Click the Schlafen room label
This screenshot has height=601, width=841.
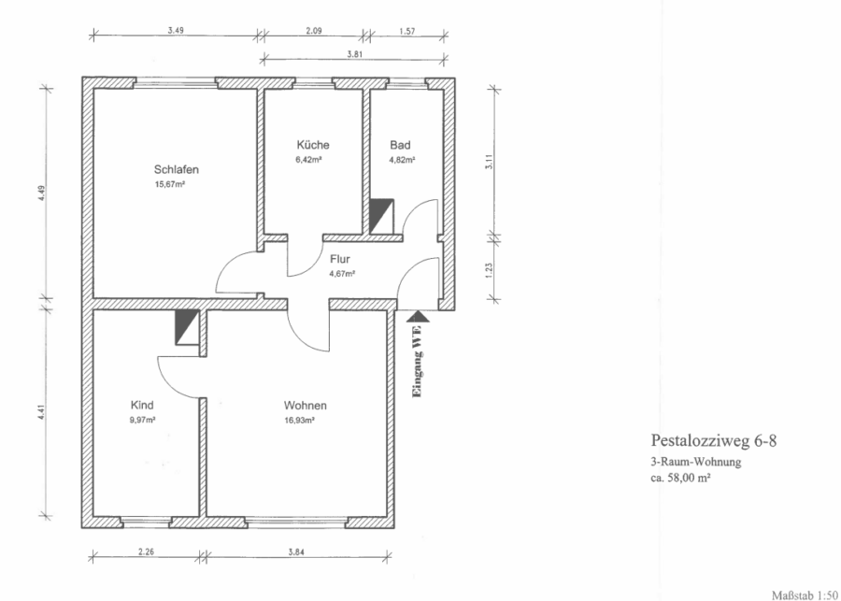[x=177, y=169]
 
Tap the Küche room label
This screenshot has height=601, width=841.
[x=313, y=145]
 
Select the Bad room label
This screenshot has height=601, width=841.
[x=400, y=145]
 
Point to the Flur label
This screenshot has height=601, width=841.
[x=340, y=259]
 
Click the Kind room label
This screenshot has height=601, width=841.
[x=142, y=405]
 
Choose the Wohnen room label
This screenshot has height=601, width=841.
[x=306, y=406]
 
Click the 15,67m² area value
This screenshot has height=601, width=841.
[x=170, y=184]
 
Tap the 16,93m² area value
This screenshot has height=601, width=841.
[x=299, y=421]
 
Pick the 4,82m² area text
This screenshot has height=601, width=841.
[x=402, y=160]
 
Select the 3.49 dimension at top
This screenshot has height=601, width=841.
[x=176, y=31]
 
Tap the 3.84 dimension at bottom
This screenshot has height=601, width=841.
[x=296, y=551]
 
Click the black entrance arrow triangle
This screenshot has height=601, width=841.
[x=418, y=317]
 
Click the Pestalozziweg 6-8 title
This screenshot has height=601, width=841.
[x=714, y=441]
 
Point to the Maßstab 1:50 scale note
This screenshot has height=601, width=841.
[x=806, y=595]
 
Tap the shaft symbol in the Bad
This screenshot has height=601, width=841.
[x=382, y=217]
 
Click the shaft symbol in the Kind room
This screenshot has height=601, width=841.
[x=187, y=327]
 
